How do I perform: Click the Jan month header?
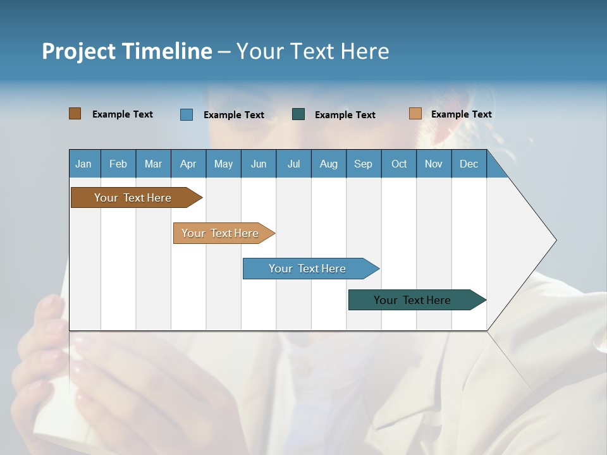tap(84, 164)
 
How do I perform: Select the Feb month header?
tap(118, 164)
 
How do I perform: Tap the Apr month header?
tap(188, 164)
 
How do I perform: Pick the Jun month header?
tap(259, 164)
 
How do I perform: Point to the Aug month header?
tap(329, 164)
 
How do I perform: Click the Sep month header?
tap(364, 164)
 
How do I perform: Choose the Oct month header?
tap(399, 164)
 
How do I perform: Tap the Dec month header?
tap(469, 164)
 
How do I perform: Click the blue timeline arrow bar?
tap(308, 269)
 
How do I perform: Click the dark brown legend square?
tap(75, 114)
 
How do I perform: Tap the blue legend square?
tap(186, 114)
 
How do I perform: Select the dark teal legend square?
tap(298, 114)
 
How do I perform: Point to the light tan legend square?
tap(415, 114)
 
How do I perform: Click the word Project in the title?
tap(78, 51)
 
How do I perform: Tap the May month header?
tap(223, 164)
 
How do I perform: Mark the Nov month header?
tap(434, 164)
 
